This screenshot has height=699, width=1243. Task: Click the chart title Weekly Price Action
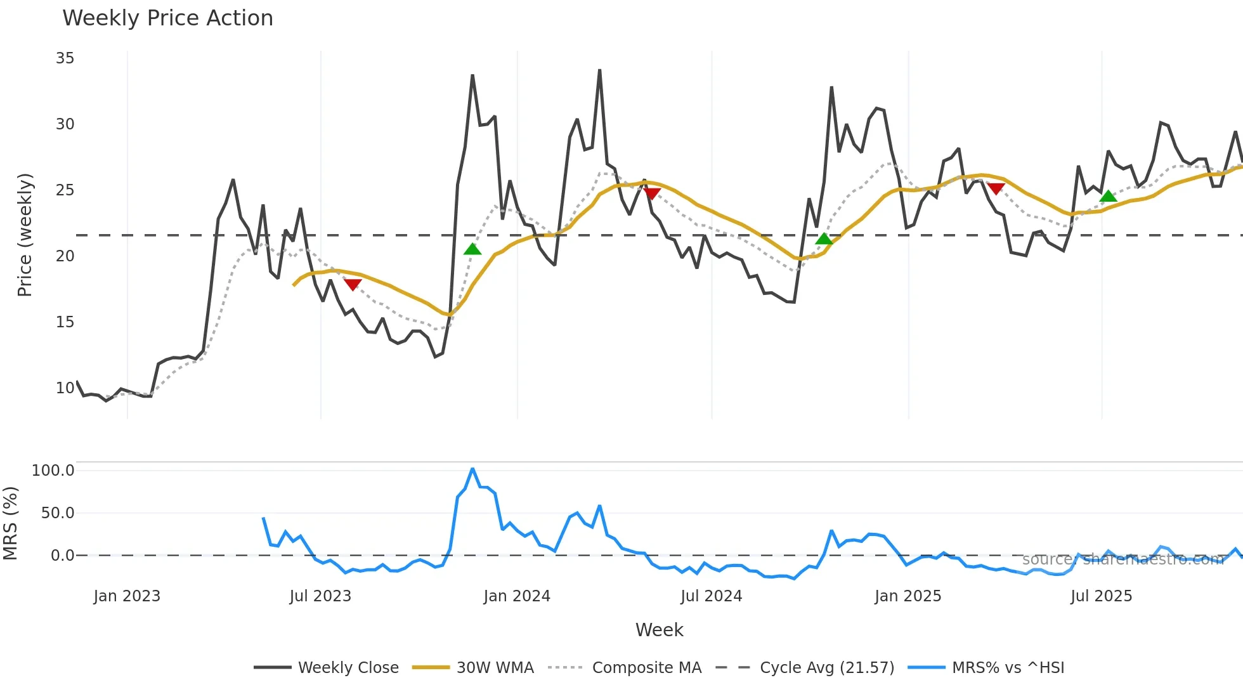point(167,18)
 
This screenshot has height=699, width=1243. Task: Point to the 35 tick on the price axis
point(65,58)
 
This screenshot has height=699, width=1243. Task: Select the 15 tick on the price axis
point(65,322)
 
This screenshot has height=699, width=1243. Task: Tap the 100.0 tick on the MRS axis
point(53,471)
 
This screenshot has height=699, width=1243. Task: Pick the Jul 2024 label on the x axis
point(711,596)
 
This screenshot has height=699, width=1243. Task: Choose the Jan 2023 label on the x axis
point(127,596)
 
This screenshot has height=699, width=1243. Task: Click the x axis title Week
point(659,630)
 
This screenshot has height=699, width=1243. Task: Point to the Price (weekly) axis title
point(24,235)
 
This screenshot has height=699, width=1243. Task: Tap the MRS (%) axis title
point(10,523)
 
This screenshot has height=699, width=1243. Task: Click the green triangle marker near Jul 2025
point(1108,197)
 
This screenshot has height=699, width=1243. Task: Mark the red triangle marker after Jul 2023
point(353,284)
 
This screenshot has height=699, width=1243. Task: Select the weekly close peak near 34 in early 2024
point(599,70)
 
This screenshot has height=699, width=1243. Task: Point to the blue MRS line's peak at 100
point(472,469)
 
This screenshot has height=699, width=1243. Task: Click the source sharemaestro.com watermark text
point(1123,559)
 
